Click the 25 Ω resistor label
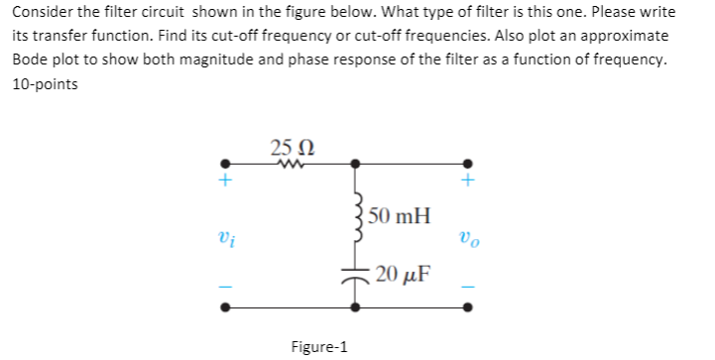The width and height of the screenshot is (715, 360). click(289, 149)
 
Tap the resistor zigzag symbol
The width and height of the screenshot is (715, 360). click(290, 167)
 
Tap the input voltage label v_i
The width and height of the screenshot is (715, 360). click(226, 238)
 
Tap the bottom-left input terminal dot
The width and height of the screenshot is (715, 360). click(226, 306)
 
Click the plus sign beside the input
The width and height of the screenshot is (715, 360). click(226, 182)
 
